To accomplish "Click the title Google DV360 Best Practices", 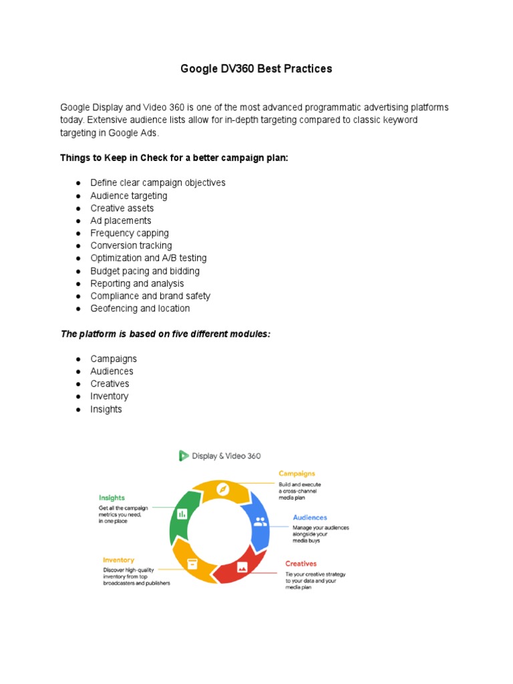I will (256, 69).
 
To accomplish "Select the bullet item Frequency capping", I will (130, 233).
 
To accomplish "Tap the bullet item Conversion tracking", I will (131, 245).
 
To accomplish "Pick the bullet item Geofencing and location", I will (140, 308).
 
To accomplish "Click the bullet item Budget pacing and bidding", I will (145, 271).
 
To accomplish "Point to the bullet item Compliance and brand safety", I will (150, 296).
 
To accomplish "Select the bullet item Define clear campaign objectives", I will (158, 182).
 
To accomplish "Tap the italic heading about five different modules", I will (166, 333).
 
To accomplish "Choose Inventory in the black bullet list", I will (110, 396).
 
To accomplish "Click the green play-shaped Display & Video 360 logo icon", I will (184, 456).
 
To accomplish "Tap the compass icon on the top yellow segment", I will (223, 490).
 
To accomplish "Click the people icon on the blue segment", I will (260, 522).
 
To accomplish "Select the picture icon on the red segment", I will (242, 566).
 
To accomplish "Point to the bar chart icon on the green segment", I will (182, 514).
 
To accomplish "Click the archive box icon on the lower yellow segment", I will (192, 562).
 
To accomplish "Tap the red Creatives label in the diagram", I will (301, 564).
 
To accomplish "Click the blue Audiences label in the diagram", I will (309, 518).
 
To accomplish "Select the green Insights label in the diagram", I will (112, 498).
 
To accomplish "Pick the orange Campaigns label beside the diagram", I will (297, 474).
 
